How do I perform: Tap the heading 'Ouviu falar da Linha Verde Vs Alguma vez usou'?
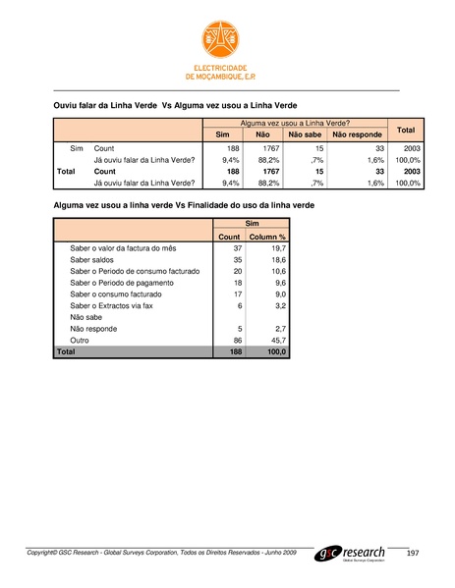(x=174, y=103)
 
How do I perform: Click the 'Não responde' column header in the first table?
(x=356, y=134)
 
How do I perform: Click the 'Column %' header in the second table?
(x=266, y=237)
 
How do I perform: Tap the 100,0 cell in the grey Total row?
(x=274, y=349)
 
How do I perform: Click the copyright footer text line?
(x=161, y=555)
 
